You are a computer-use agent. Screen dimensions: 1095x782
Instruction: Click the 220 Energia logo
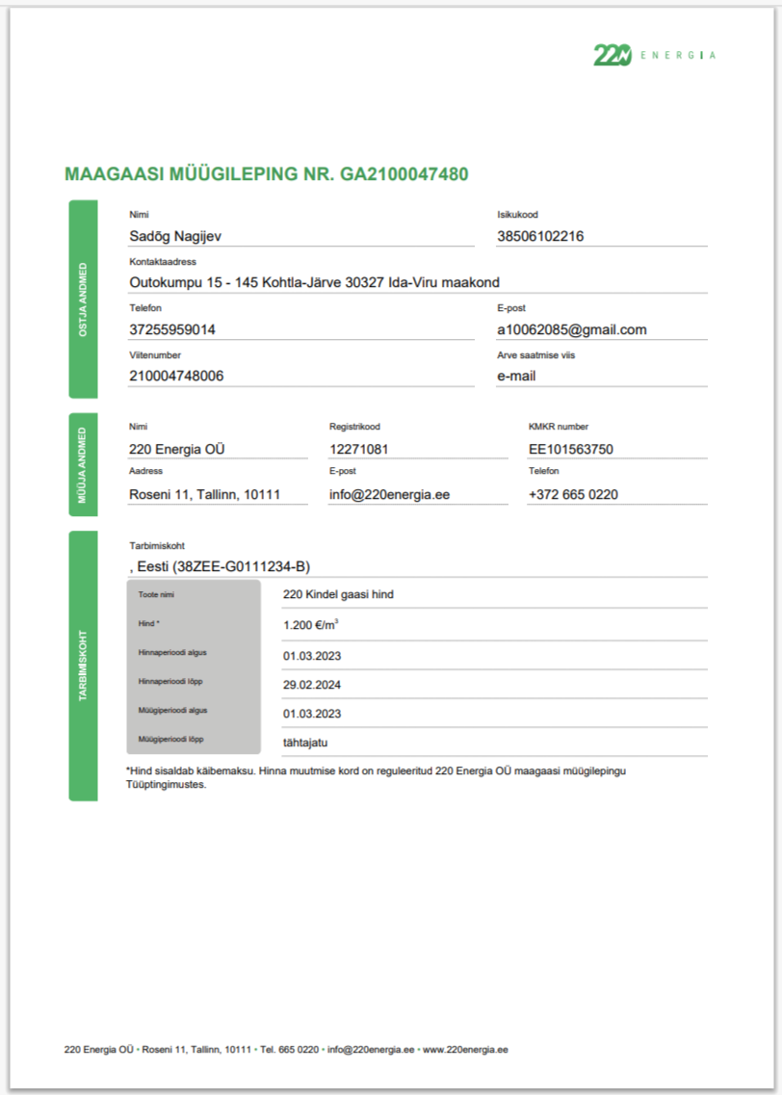[x=654, y=55]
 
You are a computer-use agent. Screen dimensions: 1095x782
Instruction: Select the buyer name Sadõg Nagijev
[x=176, y=236]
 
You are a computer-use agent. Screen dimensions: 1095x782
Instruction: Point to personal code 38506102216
[x=540, y=236]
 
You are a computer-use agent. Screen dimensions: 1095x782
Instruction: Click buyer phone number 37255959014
[x=172, y=329]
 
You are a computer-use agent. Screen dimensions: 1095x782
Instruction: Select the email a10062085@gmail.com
[x=571, y=329]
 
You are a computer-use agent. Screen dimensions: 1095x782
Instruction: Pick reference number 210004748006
[x=176, y=376]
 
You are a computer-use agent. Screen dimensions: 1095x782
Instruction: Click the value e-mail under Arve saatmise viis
[x=516, y=376]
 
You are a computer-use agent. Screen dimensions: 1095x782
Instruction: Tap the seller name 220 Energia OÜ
[x=177, y=449]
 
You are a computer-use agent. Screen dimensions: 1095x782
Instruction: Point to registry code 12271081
[x=360, y=449]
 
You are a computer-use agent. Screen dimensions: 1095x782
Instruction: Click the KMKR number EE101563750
[x=571, y=449]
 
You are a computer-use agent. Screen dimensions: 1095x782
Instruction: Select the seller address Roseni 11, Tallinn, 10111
[x=204, y=494]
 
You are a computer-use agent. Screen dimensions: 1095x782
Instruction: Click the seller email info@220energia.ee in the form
[x=389, y=494]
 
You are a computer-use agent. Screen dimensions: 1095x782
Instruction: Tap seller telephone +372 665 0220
[x=573, y=494]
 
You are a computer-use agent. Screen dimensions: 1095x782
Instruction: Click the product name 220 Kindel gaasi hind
[x=338, y=594]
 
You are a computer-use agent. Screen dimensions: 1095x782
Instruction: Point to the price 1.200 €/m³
[x=310, y=625]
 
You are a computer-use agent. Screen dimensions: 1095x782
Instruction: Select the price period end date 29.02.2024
[x=312, y=685]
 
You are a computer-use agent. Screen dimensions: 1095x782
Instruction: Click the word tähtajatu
[x=306, y=743]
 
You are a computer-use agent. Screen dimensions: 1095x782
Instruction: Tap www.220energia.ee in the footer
[x=465, y=1049]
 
